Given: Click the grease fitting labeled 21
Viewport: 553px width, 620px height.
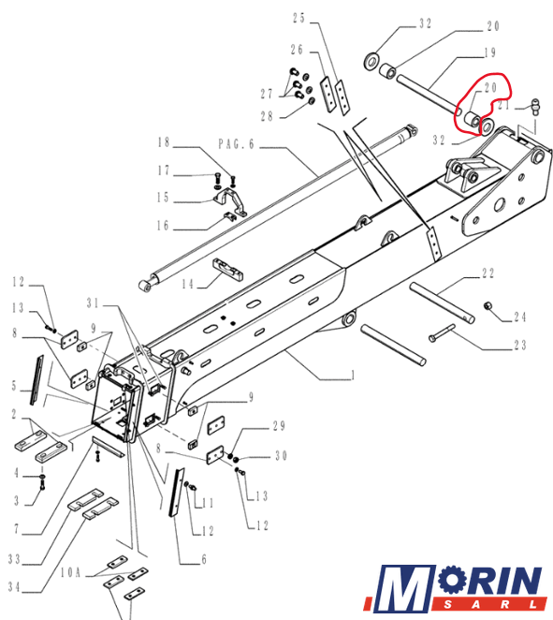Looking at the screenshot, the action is [x=535, y=107].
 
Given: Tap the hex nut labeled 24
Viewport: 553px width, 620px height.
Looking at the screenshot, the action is [x=488, y=306].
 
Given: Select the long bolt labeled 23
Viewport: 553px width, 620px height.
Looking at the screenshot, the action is [x=442, y=333].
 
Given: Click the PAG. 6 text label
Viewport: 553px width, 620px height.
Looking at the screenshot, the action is [x=236, y=144].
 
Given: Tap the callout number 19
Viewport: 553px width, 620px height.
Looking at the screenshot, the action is [x=489, y=52].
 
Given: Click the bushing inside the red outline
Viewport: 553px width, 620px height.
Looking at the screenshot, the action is [x=472, y=120].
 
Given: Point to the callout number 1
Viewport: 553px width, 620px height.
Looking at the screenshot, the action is [x=353, y=375].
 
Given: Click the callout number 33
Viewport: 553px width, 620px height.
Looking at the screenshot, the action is [x=14, y=559].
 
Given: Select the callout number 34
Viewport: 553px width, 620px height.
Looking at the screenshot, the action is [x=14, y=587].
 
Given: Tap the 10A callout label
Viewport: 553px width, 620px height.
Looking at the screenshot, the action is [x=71, y=572].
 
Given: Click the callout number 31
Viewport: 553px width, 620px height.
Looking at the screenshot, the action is [x=94, y=303].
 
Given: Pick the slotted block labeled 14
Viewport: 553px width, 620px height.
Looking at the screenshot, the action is [x=228, y=269].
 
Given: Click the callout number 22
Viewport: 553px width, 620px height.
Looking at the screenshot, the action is [x=488, y=273].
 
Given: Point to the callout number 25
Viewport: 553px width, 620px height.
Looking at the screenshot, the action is [x=299, y=18].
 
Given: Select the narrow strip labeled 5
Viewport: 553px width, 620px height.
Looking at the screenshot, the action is [x=36, y=379].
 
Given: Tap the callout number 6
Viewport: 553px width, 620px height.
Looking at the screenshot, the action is [x=204, y=559].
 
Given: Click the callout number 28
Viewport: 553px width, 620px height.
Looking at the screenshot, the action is [x=267, y=116].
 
